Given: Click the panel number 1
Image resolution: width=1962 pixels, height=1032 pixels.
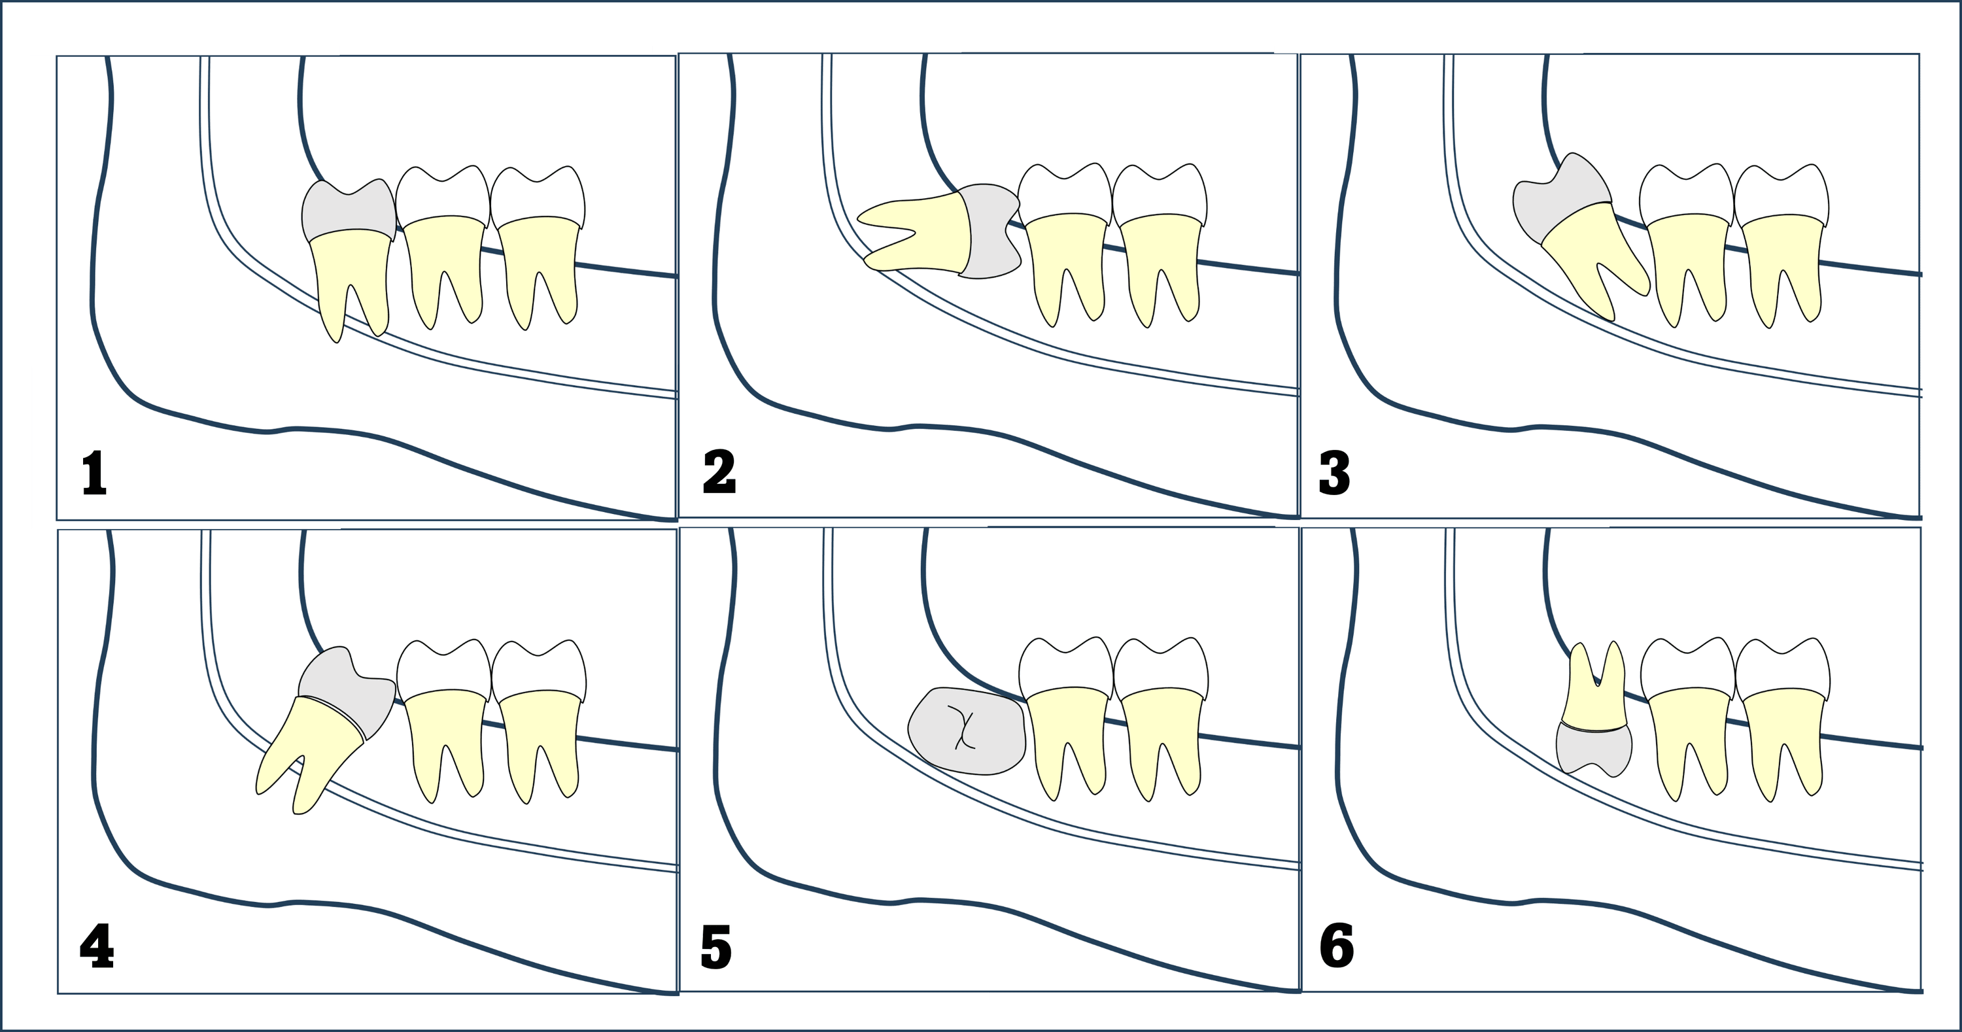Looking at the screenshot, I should pos(94,473).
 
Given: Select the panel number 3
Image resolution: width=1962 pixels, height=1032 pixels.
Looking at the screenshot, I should pos(1334,473).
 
